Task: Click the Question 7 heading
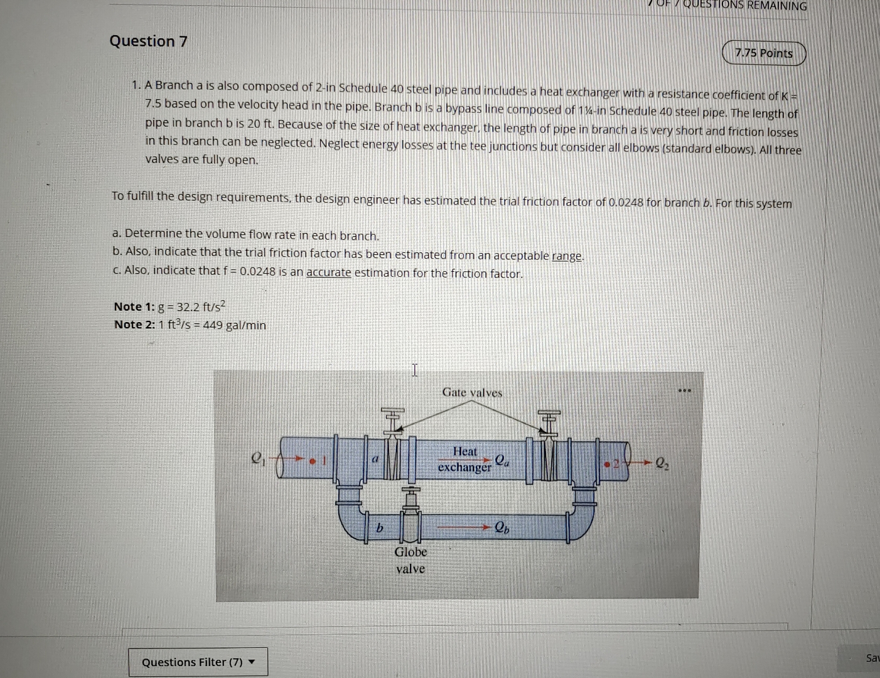click(x=148, y=41)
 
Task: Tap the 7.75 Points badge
click(x=763, y=53)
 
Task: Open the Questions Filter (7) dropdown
click(x=198, y=662)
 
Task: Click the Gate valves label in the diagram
click(x=472, y=392)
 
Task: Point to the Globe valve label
click(x=410, y=560)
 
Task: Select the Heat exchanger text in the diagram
click(x=464, y=459)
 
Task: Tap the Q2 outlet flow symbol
click(x=662, y=464)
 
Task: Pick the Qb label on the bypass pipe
click(x=502, y=527)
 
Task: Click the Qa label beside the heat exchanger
click(x=502, y=460)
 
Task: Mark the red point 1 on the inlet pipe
click(x=312, y=460)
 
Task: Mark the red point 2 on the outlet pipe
click(x=607, y=464)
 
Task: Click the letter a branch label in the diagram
click(x=375, y=459)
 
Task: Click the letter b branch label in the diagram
click(x=379, y=529)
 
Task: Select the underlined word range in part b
click(x=567, y=256)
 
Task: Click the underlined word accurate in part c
click(x=328, y=273)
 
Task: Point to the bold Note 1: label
click(x=134, y=306)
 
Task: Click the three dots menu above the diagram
click(x=684, y=390)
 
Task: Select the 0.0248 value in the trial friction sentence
click(x=626, y=202)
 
